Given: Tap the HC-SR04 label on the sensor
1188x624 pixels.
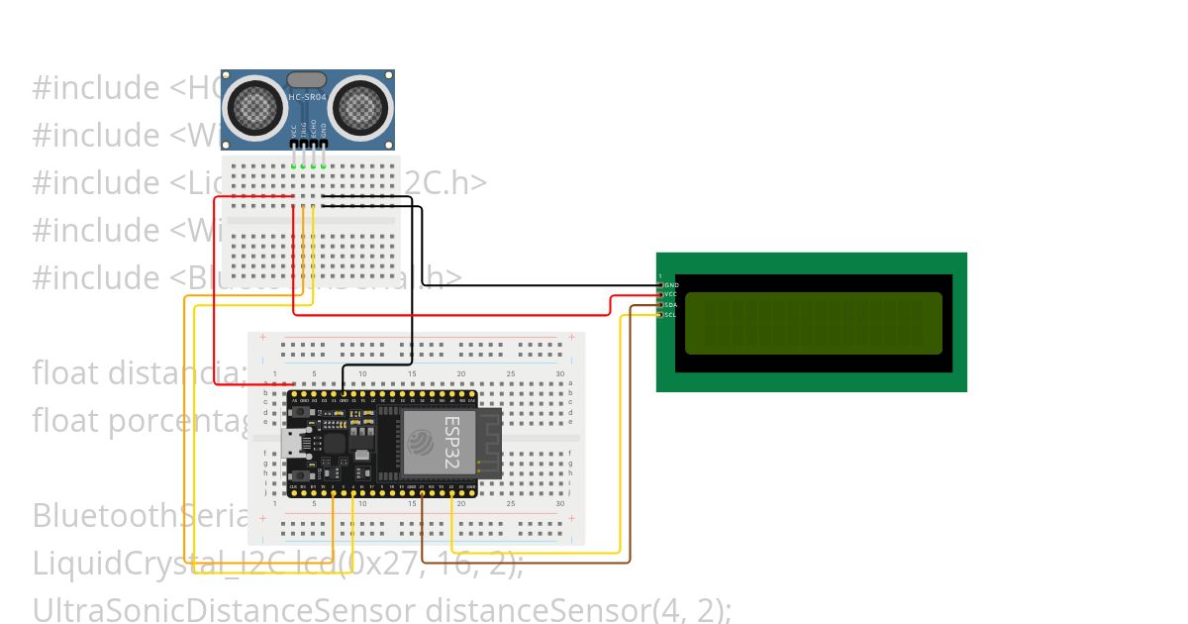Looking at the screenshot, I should (x=307, y=97).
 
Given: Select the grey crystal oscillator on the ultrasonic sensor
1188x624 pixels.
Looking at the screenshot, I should (x=307, y=79).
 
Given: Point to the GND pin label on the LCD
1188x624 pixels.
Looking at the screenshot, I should (x=672, y=285).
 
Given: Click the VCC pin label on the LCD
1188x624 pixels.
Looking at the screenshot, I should (x=671, y=295).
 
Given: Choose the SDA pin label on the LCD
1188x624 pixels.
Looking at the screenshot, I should (x=671, y=305).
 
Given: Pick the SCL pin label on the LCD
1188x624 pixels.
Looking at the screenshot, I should (x=671, y=315).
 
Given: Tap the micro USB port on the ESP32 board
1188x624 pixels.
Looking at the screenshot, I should (x=294, y=443).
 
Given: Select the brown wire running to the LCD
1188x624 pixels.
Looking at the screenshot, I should (x=525, y=563).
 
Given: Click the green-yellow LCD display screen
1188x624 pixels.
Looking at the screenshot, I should (x=813, y=323).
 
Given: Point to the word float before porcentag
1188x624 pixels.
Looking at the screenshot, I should (x=65, y=421).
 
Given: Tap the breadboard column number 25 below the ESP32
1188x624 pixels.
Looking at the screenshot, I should (x=511, y=504).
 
